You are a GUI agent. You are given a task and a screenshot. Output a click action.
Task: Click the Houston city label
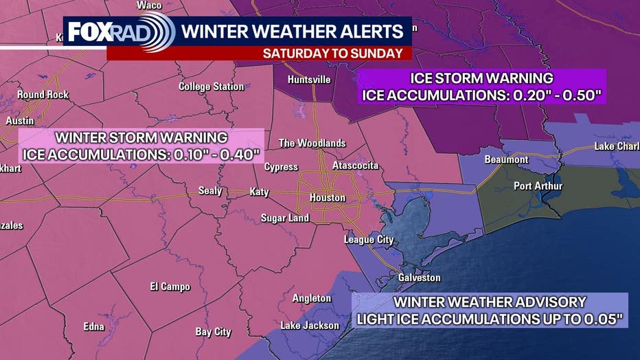[x=327, y=198]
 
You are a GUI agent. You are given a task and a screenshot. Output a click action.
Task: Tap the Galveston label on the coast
[x=419, y=278]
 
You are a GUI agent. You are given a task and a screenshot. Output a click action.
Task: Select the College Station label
[x=211, y=87]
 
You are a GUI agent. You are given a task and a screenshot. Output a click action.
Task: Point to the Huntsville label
[x=309, y=80]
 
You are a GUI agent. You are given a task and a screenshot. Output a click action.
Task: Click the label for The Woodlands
[x=312, y=143]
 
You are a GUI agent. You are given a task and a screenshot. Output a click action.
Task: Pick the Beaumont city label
[x=506, y=159]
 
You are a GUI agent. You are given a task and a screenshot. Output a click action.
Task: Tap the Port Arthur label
[x=538, y=186]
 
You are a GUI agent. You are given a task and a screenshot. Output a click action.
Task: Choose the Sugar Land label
[x=284, y=218]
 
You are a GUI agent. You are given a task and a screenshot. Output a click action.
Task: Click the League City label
[x=369, y=240]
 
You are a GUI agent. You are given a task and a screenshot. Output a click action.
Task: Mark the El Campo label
[x=170, y=286]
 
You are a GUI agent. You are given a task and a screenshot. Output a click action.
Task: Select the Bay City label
[x=213, y=332]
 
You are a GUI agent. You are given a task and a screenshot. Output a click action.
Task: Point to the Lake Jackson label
[x=310, y=325]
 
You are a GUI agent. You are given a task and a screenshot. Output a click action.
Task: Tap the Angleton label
[x=312, y=298]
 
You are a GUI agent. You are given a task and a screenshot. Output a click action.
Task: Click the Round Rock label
[x=43, y=95]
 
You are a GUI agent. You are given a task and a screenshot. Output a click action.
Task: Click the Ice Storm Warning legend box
[x=481, y=87]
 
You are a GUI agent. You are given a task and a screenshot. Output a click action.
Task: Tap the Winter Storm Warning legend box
[x=141, y=145]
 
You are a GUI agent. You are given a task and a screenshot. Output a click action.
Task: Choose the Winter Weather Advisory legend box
[x=490, y=310]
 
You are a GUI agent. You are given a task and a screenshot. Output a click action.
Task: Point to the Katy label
[x=259, y=192]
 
